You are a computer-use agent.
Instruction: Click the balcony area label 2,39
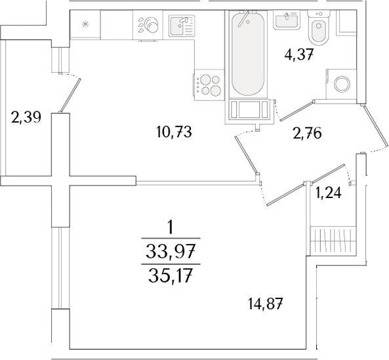click(26, 119)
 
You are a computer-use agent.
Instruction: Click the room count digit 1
click(171, 228)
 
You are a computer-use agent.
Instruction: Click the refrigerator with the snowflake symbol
click(84, 26)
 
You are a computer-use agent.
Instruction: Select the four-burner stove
click(210, 85)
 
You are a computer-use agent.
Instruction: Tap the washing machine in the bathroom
click(342, 83)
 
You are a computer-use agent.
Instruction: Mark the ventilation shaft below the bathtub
click(249, 111)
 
